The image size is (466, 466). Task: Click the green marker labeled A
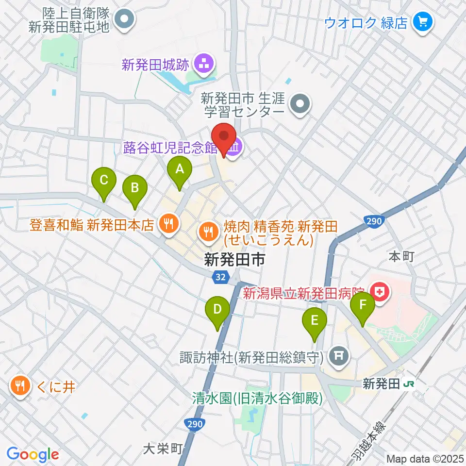(x=180, y=170)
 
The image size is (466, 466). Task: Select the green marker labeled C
(x=104, y=181)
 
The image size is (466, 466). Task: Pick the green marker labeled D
(x=217, y=310)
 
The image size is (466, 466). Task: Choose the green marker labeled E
(x=315, y=321)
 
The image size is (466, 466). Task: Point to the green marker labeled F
(x=363, y=306)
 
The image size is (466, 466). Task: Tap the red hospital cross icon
(x=379, y=291)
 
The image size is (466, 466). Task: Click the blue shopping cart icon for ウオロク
(x=420, y=21)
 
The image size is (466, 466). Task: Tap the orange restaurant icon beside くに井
(x=19, y=386)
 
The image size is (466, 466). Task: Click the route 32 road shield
(x=220, y=277)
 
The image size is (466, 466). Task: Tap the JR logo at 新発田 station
(x=409, y=384)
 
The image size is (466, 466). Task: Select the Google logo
(x=33, y=455)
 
